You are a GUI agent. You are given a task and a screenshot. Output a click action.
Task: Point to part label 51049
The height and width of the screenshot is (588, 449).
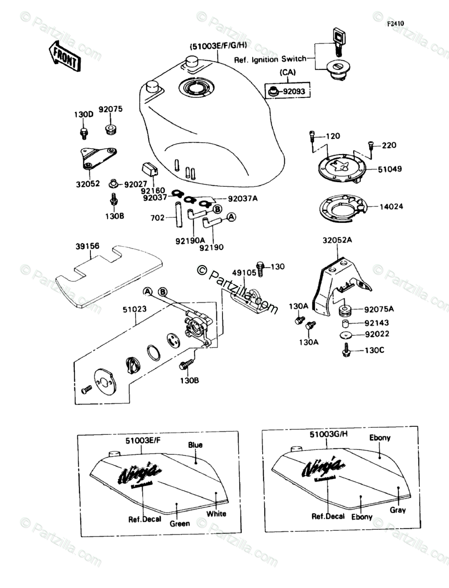click(387, 170)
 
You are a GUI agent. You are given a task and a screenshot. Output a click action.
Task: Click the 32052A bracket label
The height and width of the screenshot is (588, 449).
click(338, 241)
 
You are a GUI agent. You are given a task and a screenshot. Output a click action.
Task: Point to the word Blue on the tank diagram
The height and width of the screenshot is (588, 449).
click(195, 445)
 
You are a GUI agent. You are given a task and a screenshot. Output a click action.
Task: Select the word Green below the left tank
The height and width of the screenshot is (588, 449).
click(179, 523)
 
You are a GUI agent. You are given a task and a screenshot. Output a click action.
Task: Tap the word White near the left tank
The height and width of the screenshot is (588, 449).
click(216, 513)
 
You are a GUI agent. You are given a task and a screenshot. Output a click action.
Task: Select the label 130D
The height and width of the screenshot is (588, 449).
click(84, 114)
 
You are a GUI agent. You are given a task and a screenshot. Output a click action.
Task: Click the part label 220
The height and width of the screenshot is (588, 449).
click(389, 146)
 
